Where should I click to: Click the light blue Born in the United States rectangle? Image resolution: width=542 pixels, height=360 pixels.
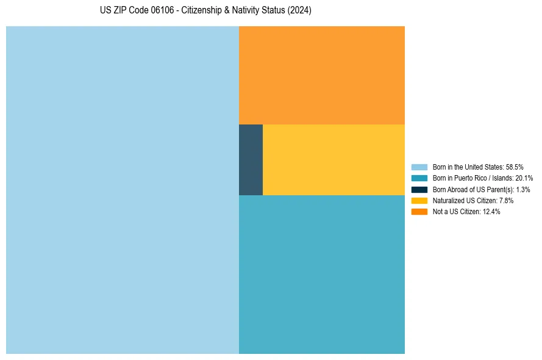122,190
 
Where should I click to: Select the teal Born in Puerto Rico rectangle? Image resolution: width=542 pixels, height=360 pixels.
321,274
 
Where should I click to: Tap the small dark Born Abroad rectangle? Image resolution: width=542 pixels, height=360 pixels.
251,160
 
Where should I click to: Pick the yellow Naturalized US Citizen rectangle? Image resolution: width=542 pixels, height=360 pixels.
333,160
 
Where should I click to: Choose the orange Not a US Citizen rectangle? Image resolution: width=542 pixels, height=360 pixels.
321,75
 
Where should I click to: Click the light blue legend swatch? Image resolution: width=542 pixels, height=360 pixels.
419,167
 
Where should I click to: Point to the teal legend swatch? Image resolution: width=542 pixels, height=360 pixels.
419,178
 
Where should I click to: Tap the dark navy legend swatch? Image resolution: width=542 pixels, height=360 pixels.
419,189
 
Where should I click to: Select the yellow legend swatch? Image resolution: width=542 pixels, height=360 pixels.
419,200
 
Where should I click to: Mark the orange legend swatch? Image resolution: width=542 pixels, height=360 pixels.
419,212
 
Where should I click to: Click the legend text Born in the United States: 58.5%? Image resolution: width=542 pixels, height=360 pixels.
477,167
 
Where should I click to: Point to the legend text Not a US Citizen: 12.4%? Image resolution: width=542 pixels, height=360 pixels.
466,212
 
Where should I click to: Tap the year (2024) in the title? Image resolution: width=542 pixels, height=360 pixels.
299,10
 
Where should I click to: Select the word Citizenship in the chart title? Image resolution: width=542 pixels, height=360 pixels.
203,10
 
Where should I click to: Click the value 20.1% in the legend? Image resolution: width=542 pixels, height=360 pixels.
524,178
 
